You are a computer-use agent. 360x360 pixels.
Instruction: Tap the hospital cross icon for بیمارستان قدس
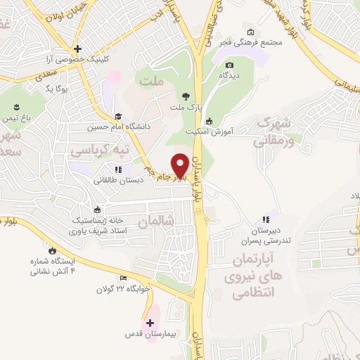tap(150, 323)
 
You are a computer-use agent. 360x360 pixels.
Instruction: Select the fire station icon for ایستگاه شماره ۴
tap(52, 250)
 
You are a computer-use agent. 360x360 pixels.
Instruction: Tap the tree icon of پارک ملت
tap(186, 97)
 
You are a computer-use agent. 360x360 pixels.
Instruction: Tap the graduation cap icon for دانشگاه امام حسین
tap(119, 117)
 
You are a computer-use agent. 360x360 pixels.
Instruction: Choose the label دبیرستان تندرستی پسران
tap(266, 236)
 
